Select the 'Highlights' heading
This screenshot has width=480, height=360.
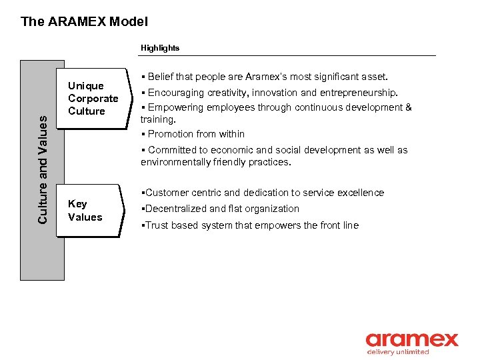pyautogui.click(x=159, y=48)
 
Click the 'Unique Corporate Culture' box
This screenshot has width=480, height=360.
pyautogui.click(x=93, y=99)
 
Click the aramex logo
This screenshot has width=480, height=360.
pyautogui.click(x=411, y=340)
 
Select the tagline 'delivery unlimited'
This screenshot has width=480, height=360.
pyautogui.click(x=398, y=352)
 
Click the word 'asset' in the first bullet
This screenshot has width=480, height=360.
pyautogui.click(x=374, y=77)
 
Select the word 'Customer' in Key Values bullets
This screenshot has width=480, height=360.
pyautogui.click(x=165, y=193)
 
